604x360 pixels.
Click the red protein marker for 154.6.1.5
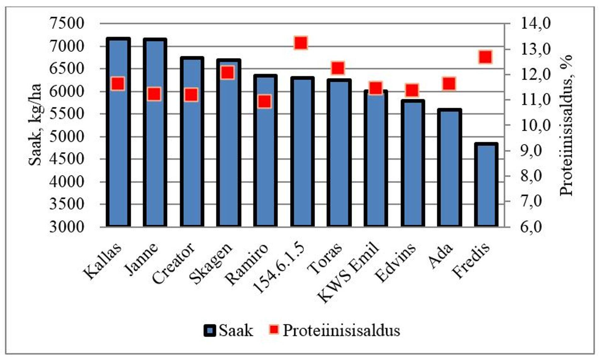click(x=301, y=43)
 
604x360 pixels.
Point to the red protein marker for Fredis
click(x=485, y=57)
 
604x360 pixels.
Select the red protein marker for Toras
click(x=338, y=68)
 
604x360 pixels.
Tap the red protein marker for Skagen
click(x=228, y=73)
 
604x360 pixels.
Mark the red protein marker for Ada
click(x=449, y=84)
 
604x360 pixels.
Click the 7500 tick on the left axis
click(x=67, y=24)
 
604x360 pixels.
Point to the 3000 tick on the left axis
click(x=67, y=227)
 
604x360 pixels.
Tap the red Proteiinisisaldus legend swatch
click(x=274, y=330)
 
